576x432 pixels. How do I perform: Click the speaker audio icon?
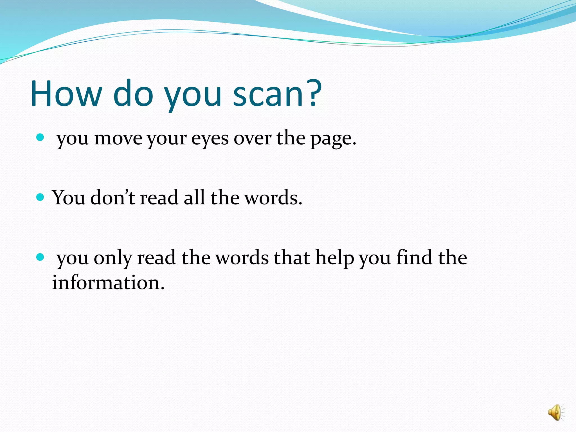tap(556, 413)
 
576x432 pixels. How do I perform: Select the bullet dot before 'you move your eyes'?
tap(40, 137)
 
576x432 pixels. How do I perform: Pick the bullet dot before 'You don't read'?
tap(40, 197)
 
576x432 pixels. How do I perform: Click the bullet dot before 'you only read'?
tap(40, 257)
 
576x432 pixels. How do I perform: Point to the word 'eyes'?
tap(210, 139)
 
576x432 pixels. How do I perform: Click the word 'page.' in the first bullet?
tap(333, 139)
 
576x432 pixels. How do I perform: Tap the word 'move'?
tap(118, 139)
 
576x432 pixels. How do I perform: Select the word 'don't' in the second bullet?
tap(113, 197)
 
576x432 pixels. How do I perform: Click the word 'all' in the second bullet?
tap(194, 197)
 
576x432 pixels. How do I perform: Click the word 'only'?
tap(113, 258)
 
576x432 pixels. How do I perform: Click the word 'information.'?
tap(108, 282)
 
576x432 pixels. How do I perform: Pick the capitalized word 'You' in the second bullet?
tap(69, 197)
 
